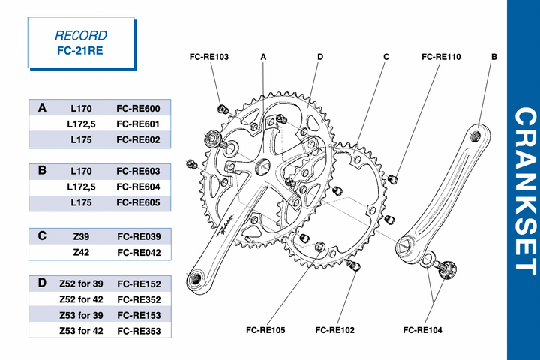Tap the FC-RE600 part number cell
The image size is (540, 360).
[x=139, y=108]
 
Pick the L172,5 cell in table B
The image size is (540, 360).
[x=81, y=187]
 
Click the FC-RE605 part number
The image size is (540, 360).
[x=139, y=203]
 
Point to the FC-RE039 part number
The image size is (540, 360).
[x=139, y=236]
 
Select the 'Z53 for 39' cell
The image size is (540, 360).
[x=81, y=315]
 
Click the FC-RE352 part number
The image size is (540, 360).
[x=139, y=299]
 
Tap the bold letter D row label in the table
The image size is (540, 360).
[x=42, y=283]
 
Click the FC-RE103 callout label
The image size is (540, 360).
[x=209, y=56]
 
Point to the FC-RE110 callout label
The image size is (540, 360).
[x=441, y=56]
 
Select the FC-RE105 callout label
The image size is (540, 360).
[x=265, y=329]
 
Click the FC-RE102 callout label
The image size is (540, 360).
[x=335, y=329]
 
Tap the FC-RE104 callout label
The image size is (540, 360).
[x=422, y=329]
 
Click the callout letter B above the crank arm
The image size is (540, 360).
[x=494, y=56]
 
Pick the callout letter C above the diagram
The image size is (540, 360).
[x=386, y=56]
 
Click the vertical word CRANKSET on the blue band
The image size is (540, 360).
[x=523, y=191]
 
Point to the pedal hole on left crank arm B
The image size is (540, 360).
[x=475, y=136]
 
